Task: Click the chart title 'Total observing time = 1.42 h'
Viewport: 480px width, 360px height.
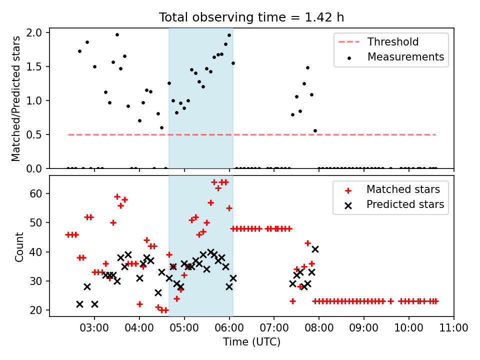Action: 251,17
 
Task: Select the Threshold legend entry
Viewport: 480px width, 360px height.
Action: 378,41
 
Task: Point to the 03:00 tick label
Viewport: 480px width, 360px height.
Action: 94,328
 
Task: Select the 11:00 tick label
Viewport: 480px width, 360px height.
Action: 453,328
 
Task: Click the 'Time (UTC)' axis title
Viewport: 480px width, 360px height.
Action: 251,342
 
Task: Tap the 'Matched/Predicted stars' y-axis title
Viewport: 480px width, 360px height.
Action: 15,98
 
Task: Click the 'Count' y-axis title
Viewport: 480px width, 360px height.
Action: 19,246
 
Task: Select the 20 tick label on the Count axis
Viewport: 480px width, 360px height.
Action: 36,310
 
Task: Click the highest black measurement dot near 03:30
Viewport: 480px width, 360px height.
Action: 117,35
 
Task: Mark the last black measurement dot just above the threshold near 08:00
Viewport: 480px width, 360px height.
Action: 315,131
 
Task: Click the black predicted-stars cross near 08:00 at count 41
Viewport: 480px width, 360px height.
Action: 315,249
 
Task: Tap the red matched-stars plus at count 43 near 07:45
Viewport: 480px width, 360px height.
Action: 307,243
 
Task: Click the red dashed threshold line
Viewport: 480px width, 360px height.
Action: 251,134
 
